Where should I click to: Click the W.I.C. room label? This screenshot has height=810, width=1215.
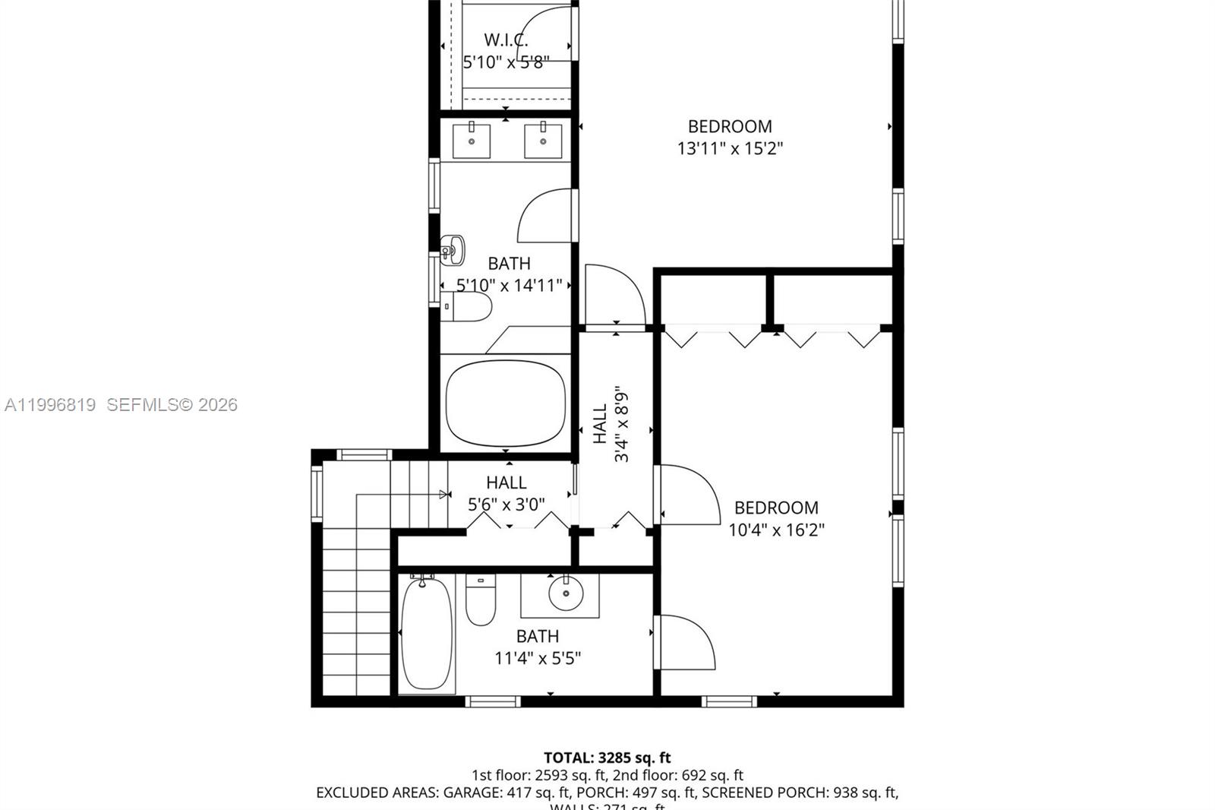[x=506, y=40]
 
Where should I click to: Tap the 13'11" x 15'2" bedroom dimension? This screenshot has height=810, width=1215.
[x=730, y=148]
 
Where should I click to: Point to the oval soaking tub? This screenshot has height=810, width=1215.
[x=506, y=403]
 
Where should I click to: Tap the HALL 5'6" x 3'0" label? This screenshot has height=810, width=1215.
[x=506, y=493]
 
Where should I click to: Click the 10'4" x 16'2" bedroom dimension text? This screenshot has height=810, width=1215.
[x=776, y=530]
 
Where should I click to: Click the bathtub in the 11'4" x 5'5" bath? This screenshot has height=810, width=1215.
[x=427, y=634]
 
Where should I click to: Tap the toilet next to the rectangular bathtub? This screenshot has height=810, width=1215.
[x=481, y=600]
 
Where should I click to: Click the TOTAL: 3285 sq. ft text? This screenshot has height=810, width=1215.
[x=607, y=758]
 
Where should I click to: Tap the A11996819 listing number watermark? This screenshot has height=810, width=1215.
[x=50, y=405]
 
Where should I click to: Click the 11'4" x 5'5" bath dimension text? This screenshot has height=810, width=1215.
[x=538, y=658]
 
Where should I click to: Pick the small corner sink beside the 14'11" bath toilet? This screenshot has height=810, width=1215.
[x=453, y=250]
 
